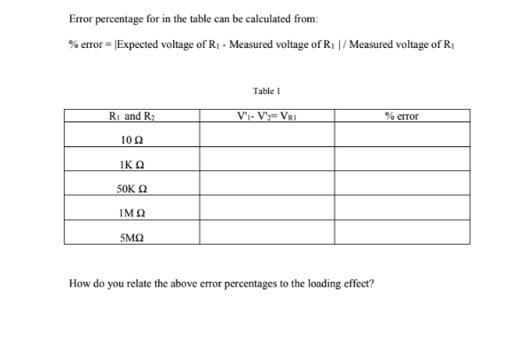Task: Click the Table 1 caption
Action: (266, 90)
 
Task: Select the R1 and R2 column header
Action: (131, 115)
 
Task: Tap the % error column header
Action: (401, 115)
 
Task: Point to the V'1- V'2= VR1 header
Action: (266, 115)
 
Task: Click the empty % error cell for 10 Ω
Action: (401, 135)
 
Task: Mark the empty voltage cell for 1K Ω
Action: (266, 159)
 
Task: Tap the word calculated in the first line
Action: (256, 20)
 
